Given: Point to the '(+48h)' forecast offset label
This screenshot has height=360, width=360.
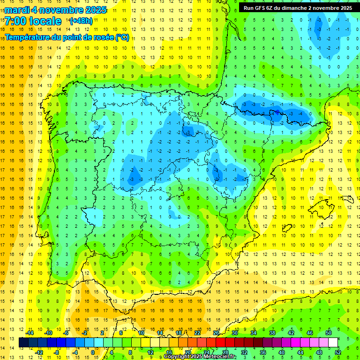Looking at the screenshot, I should click(81, 21).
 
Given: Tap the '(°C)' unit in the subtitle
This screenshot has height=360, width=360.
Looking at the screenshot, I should click(122, 37).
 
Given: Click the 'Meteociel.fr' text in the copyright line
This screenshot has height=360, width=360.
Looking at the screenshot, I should click(220, 357).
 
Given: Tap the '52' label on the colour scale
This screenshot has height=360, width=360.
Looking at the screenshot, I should click(338, 352).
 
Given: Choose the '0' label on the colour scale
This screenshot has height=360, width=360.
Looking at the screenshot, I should click(93, 352).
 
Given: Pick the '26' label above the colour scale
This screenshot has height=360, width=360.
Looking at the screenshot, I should click(216, 333).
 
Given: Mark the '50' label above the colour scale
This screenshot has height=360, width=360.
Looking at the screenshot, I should click(329, 333).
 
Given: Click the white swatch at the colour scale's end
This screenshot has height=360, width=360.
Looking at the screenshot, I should click(333, 343).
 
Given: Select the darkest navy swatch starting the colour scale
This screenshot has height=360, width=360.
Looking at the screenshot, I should click(23, 343).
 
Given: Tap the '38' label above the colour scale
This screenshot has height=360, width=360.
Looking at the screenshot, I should click(272, 333).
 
